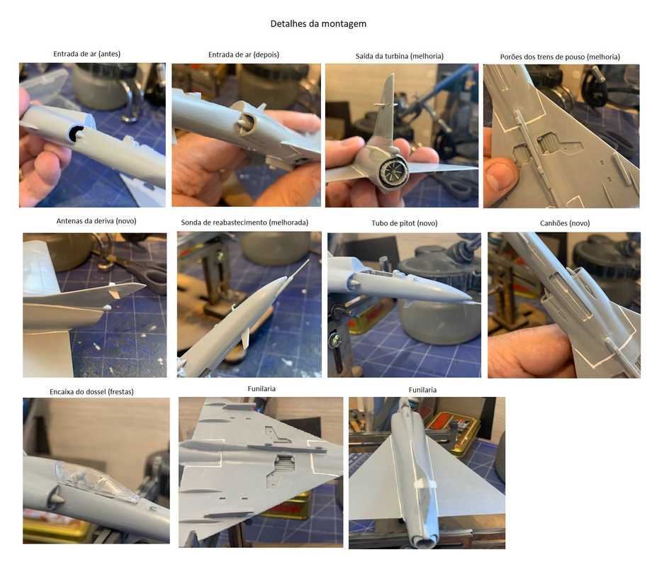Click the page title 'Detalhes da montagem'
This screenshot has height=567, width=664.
pos(318,23)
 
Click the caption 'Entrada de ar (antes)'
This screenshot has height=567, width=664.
pos(87,54)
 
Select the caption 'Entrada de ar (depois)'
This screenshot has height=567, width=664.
pos(244,55)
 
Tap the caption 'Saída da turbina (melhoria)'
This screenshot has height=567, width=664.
pos(400,56)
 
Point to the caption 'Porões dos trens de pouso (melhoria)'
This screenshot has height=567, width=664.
pos(560,57)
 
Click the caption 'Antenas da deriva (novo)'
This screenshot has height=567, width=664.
pos(96,220)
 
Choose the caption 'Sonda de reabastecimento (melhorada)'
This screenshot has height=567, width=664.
pos(244,223)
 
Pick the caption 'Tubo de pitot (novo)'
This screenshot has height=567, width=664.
pos(405,223)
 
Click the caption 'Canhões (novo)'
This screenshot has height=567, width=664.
pos(565,223)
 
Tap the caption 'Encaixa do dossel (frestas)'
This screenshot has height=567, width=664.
pos(91,392)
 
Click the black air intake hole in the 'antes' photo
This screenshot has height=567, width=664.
pos(77,134)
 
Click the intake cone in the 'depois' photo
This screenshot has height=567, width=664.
pos(242,123)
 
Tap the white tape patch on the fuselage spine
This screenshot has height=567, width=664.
pos(426,484)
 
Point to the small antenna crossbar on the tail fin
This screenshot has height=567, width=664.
pos(386,103)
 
